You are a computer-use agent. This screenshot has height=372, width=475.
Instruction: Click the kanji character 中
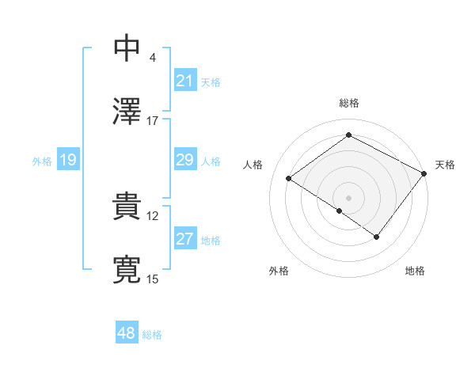tap(127, 48)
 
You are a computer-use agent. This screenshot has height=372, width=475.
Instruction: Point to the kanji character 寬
tap(127, 270)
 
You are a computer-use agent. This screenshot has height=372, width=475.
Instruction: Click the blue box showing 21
tap(185, 81)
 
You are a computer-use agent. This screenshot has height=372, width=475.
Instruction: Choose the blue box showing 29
tap(185, 160)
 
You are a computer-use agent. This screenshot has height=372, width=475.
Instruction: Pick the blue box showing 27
tap(185, 239)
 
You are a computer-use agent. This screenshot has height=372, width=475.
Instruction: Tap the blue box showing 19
tap(67, 160)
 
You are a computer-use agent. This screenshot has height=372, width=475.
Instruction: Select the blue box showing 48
tap(127, 333)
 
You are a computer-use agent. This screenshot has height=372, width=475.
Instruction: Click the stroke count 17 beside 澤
tap(153, 121)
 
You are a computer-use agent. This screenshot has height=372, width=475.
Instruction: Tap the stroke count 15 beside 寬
tap(153, 279)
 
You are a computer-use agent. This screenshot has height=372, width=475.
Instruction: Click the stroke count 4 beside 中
tap(153, 58)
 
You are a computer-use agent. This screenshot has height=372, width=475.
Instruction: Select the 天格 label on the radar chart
tap(445, 165)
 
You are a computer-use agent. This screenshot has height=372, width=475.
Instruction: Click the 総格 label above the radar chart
tap(349, 104)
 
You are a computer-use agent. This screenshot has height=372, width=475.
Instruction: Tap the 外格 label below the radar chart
tap(279, 271)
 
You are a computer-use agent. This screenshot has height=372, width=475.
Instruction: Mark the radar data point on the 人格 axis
tap(289, 179)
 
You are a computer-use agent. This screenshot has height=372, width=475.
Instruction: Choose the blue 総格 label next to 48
tap(152, 335)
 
